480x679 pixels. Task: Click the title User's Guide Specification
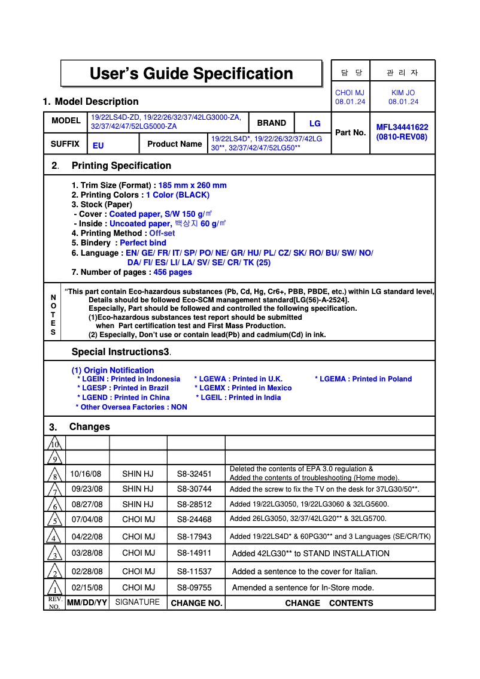[x=191, y=74]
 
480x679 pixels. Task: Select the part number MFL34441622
[x=402, y=127]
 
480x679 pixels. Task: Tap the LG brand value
[x=315, y=123]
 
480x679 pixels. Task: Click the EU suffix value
[x=98, y=145]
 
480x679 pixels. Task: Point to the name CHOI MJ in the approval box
[x=350, y=93]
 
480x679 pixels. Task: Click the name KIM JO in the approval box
[x=403, y=93]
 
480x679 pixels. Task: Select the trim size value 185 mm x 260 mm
[x=192, y=186]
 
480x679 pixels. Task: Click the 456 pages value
[x=172, y=272]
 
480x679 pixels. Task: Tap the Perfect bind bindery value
[x=143, y=242]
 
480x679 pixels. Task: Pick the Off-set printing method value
[x=162, y=233]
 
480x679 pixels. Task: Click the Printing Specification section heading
[x=121, y=166]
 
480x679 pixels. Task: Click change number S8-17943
[x=195, y=536]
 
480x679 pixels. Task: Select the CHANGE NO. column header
[x=196, y=603]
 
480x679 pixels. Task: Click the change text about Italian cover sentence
[x=305, y=571]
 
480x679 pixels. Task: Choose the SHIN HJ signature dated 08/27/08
[x=138, y=504]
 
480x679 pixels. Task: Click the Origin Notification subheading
[x=113, y=370]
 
